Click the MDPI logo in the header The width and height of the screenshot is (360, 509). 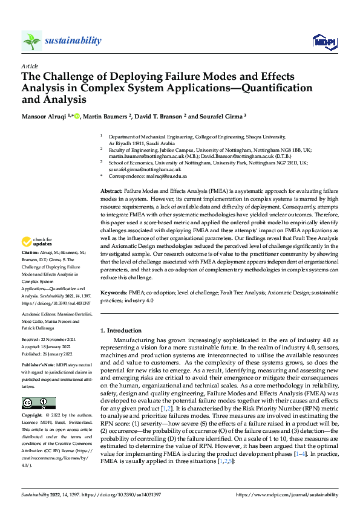[x=324, y=41]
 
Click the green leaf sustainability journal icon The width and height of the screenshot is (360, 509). [x=31, y=41]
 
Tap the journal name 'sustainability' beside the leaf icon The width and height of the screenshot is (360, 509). [x=73, y=41]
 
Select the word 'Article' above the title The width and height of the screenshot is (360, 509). [x=30, y=65]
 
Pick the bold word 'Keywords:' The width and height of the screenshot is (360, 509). [x=114, y=291]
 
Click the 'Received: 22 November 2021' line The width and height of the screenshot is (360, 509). [x=50, y=340]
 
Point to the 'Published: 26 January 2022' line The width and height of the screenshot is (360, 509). [x=49, y=354]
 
